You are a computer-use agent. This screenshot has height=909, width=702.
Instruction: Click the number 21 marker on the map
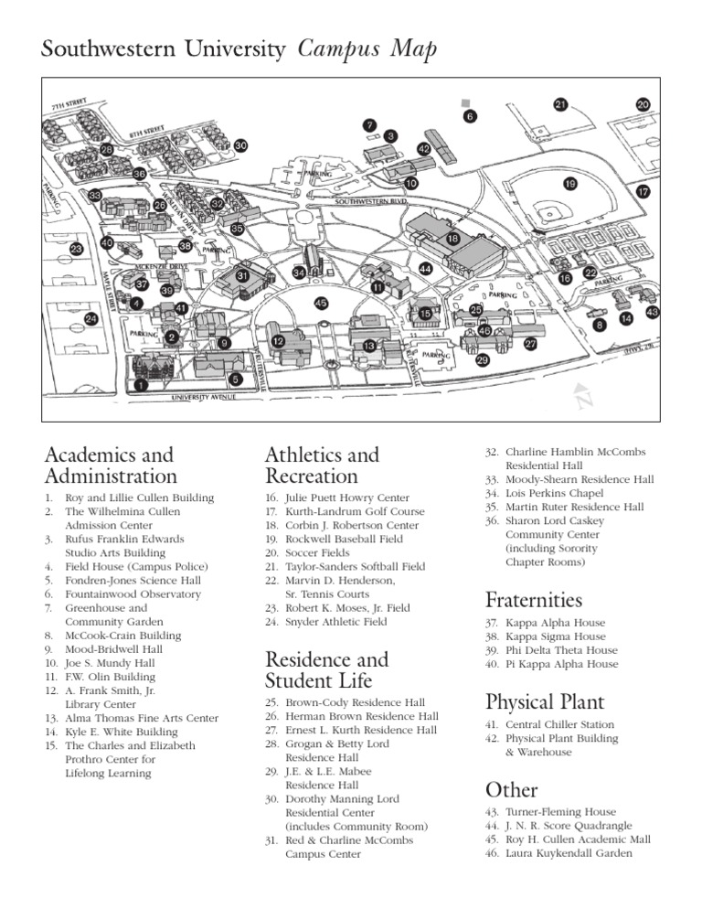pyautogui.click(x=560, y=105)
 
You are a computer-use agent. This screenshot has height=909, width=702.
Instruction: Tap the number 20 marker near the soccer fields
pyautogui.click(x=643, y=105)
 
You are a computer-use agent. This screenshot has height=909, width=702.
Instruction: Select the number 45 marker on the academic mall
pyautogui.click(x=321, y=303)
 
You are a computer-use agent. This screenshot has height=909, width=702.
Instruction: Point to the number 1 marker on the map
pyautogui.click(x=140, y=386)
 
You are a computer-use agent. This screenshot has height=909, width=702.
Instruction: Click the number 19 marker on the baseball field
pyautogui.click(x=570, y=184)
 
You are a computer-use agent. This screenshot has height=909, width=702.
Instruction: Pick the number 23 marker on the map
pyautogui.click(x=76, y=249)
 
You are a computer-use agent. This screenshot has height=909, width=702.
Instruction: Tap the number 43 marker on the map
pyautogui.click(x=652, y=313)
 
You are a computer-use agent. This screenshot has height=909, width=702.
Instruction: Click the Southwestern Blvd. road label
pyautogui.click(x=370, y=200)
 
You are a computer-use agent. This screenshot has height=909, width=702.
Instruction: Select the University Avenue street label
pyautogui.click(x=205, y=398)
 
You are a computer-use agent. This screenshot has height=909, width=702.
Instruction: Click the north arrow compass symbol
pyautogui.click(x=584, y=396)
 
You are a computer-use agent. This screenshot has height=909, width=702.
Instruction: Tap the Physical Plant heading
pyautogui.click(x=546, y=701)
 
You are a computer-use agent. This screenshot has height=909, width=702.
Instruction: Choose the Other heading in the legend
pyautogui.click(x=512, y=789)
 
